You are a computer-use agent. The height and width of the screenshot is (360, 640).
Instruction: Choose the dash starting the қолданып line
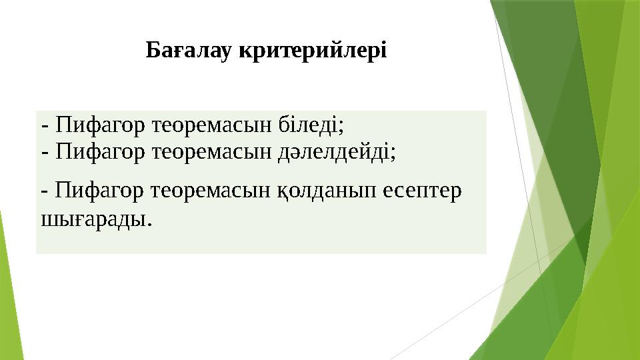pyautogui.click(x=45, y=193)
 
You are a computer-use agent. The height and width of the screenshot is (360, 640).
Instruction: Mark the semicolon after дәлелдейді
pyautogui.click(x=393, y=155)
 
